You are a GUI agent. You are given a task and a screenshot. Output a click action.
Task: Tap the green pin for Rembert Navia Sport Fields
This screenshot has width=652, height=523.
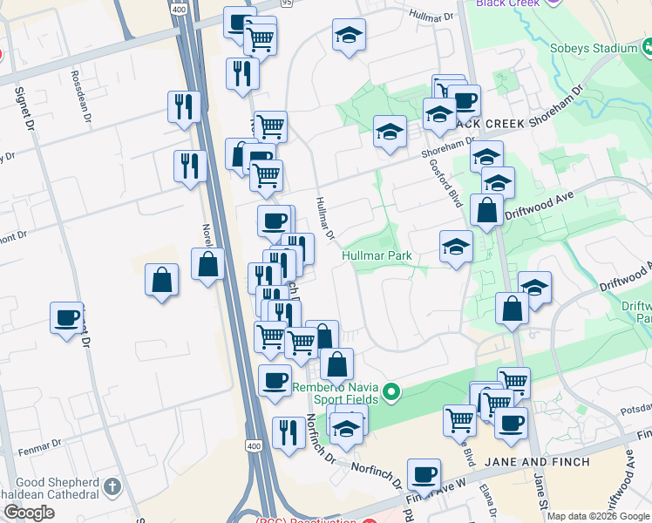click(391, 393)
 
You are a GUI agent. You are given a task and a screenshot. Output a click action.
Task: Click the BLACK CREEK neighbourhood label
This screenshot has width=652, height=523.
click(487, 124)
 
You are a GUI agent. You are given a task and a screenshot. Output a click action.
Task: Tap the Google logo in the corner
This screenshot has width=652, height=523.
click(29, 513)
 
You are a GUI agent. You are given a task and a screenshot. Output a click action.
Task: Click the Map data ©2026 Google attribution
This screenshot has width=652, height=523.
click(598, 516)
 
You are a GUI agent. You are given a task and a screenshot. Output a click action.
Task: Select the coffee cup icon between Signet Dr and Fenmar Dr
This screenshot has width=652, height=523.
click(66, 317)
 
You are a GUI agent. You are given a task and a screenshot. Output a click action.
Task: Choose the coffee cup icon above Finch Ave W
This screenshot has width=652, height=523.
click(424, 474)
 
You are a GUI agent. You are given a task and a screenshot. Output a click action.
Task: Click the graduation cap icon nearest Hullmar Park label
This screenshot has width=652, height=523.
click(456, 247)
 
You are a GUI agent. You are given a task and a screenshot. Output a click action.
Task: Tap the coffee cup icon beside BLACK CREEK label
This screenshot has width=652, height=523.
click(465, 100)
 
